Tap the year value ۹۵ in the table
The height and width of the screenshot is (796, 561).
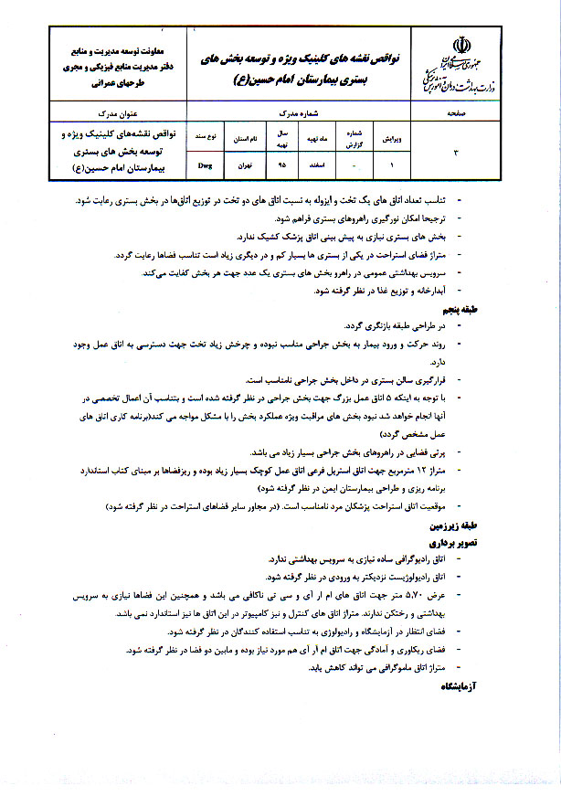(281, 166)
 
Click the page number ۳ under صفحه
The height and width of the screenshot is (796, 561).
(457, 152)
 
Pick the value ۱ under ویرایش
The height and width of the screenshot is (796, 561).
(391, 166)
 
